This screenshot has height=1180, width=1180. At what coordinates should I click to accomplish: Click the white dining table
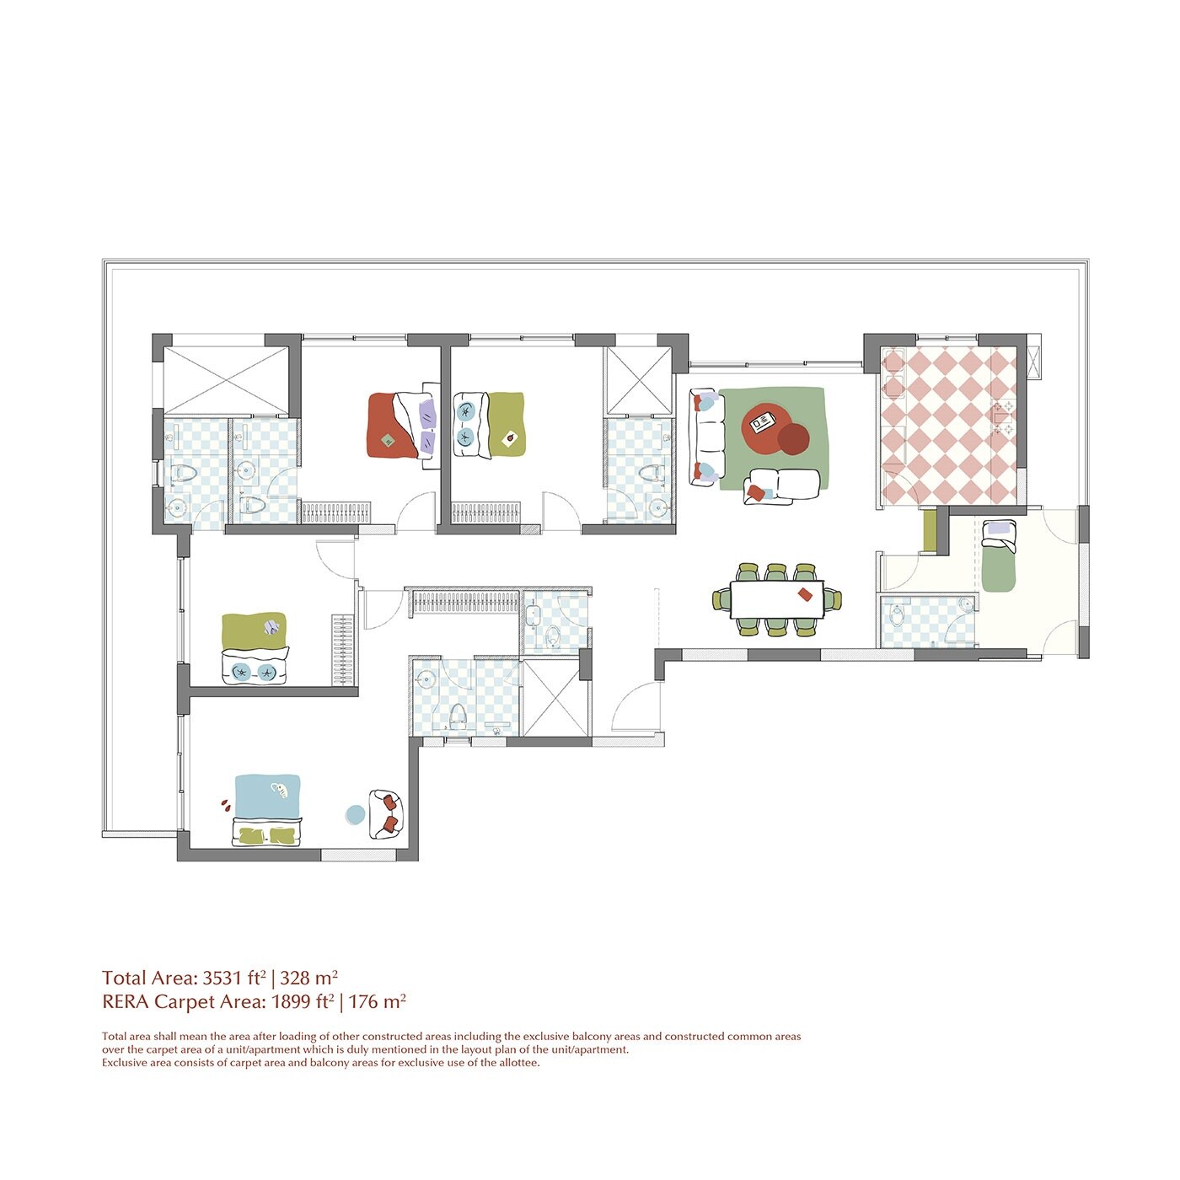pyautogui.click(x=775, y=600)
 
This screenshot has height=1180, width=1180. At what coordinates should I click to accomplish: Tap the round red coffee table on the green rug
pyautogui.click(x=765, y=426)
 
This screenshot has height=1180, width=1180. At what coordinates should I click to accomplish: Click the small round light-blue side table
pyautogui.click(x=356, y=814)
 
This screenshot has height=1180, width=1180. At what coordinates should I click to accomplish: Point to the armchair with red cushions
pyautogui.click(x=386, y=813)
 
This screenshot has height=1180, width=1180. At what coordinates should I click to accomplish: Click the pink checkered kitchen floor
pyautogui.click(x=948, y=426)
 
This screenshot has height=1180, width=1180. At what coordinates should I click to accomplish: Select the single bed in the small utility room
pyautogui.click(x=999, y=556)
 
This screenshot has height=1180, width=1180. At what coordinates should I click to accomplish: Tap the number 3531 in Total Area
pyautogui.click(x=223, y=979)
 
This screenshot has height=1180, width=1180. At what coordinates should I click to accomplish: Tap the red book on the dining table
pyautogui.click(x=804, y=594)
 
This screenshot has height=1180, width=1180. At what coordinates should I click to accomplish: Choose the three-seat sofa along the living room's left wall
pyautogui.click(x=706, y=437)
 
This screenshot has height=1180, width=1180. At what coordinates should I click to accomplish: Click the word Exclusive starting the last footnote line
pyautogui.click(x=126, y=1063)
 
